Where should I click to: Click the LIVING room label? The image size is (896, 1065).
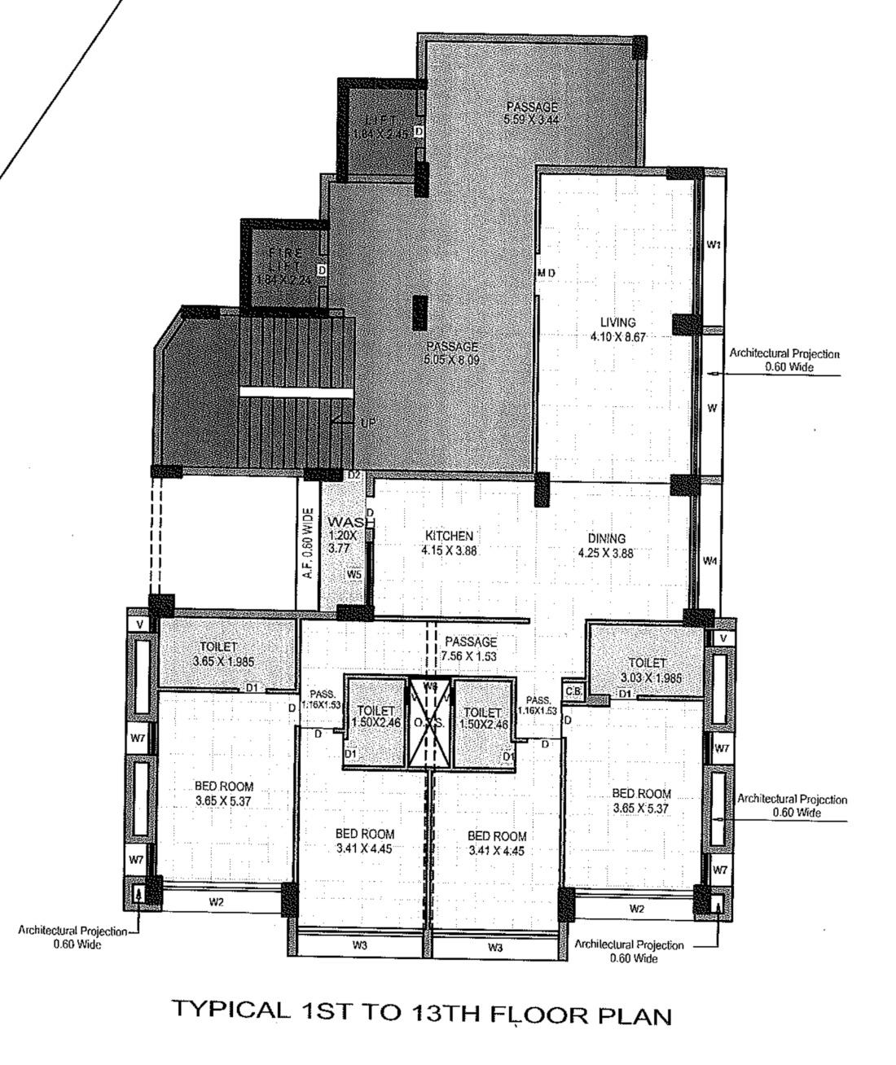tap(617, 322)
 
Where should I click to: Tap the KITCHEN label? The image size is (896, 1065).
tap(448, 536)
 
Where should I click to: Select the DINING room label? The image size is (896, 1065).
tap(607, 538)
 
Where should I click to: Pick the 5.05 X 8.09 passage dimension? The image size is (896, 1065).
tap(451, 359)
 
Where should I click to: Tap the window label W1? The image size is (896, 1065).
tap(714, 244)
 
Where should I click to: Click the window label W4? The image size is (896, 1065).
tap(710, 561)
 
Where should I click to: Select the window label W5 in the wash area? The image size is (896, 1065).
tap(354, 575)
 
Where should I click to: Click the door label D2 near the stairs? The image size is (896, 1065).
tap(354, 475)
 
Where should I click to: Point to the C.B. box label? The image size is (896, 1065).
tap(573, 692)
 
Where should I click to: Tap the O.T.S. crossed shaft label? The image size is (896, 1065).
tap(428, 723)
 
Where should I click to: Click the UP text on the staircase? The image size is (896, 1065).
tap(368, 423)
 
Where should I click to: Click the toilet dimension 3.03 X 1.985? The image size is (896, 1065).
tap(648, 677)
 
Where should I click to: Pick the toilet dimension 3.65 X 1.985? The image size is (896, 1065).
tap(217, 661)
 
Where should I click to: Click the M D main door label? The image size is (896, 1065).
tap(546, 272)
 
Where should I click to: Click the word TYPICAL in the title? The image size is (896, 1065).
tap(231, 1010)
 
